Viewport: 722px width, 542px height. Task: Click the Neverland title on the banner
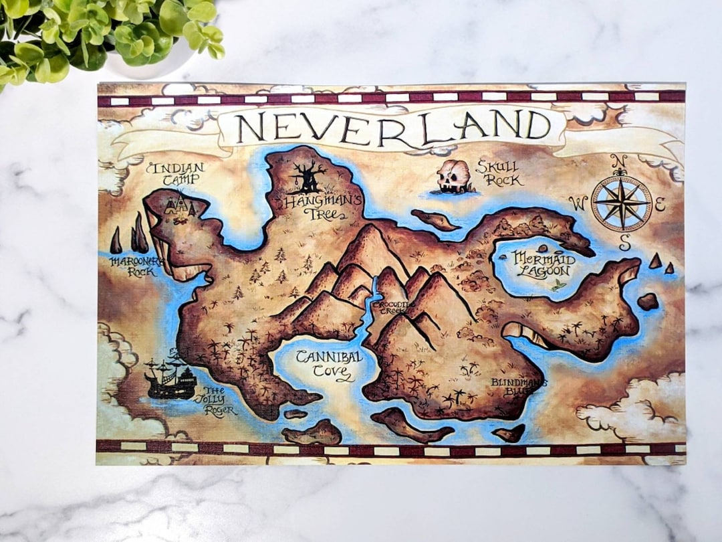(393, 126)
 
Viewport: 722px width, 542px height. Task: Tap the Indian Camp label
(175, 173)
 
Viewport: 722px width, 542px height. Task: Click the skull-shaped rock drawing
(453, 176)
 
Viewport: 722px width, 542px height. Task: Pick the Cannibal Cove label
(330, 364)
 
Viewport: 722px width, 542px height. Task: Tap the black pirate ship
(170, 379)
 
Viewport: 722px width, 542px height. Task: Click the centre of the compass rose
(621, 203)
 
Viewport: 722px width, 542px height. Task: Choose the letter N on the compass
(620, 161)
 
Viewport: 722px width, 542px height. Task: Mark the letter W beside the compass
(579, 203)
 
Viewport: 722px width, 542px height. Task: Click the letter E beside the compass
(660, 205)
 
